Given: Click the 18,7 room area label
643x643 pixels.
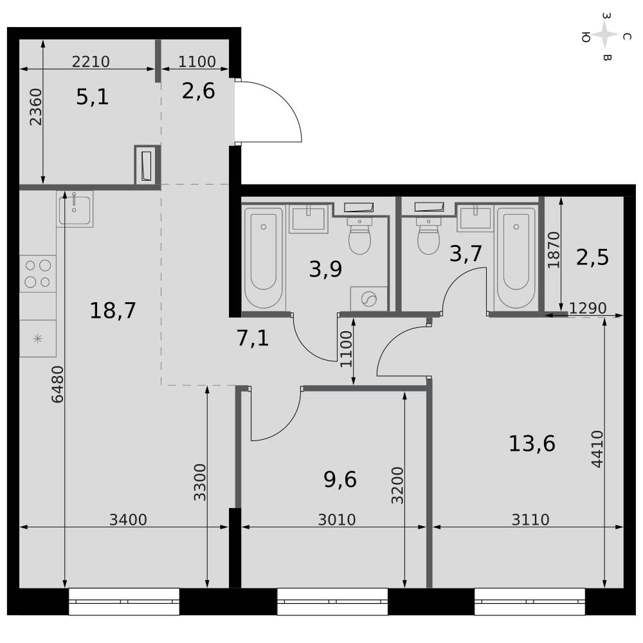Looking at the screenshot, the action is point(113,311).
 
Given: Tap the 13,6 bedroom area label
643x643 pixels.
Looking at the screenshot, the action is point(532,444).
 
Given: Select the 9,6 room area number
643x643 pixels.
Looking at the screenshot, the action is point(340,480).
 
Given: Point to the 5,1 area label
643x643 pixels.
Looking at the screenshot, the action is point(92,97).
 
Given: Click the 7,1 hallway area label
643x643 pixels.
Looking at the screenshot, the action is point(253,339).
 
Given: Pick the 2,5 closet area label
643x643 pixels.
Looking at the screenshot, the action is point(593,258).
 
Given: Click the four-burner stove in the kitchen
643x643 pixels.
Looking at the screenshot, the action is point(38,274).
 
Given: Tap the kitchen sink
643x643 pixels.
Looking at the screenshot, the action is point(75,209).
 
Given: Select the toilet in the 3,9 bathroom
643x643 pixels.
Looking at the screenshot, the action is point(359,235).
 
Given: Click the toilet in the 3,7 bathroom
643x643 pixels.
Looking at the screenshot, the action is point(428,235).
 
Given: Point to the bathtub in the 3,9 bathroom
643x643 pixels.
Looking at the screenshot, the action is point(263,258).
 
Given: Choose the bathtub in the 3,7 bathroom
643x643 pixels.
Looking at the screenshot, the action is point(516,258).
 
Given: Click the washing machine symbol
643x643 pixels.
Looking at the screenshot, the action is point(368,299).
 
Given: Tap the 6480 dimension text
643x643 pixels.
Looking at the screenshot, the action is point(57,385).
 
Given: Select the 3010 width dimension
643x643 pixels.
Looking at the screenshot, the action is point(337,520).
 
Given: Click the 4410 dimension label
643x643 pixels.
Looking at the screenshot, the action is point(597,449).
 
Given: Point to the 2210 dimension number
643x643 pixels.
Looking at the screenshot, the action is point(91,62).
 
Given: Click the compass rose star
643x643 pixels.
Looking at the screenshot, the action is point(605,35).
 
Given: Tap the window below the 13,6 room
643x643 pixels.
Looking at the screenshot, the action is point(530,602).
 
